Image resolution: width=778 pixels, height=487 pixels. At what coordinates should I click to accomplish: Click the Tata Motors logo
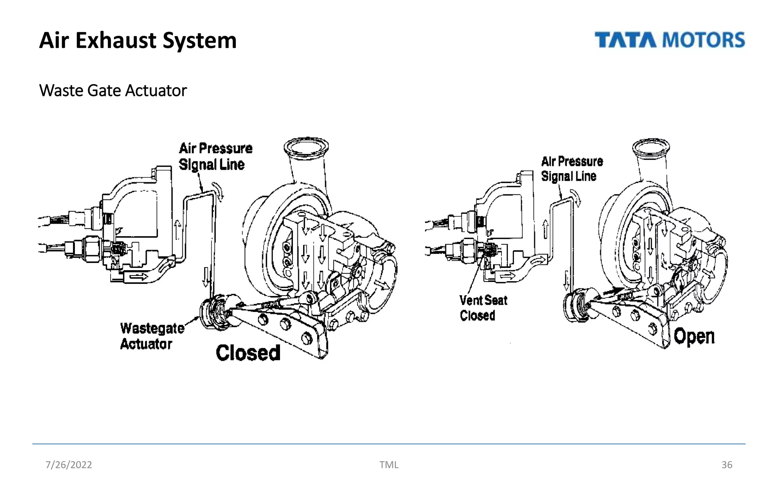click(669, 40)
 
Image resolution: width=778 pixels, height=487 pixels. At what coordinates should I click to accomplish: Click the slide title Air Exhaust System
click(138, 40)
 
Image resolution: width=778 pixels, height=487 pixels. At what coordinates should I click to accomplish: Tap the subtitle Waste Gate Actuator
click(113, 91)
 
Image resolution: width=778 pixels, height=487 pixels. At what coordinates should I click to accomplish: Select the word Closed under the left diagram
click(248, 353)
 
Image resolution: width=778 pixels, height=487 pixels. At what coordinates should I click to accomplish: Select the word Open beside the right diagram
click(694, 336)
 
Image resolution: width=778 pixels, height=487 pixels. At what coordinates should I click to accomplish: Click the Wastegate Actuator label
click(152, 336)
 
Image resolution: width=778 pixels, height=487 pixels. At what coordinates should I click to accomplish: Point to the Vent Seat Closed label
click(483, 308)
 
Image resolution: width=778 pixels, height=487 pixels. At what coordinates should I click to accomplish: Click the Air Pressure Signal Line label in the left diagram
click(215, 156)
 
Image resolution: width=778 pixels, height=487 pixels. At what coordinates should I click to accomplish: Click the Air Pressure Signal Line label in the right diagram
click(572, 169)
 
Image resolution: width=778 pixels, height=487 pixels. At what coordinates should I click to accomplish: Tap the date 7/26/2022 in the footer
click(69, 465)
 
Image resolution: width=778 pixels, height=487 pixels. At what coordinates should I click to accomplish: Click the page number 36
click(726, 465)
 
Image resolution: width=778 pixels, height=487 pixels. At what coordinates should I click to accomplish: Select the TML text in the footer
click(389, 465)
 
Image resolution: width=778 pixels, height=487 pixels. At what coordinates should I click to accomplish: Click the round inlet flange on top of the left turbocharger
click(306, 147)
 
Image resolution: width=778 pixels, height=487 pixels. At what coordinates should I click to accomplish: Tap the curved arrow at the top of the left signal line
click(219, 190)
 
